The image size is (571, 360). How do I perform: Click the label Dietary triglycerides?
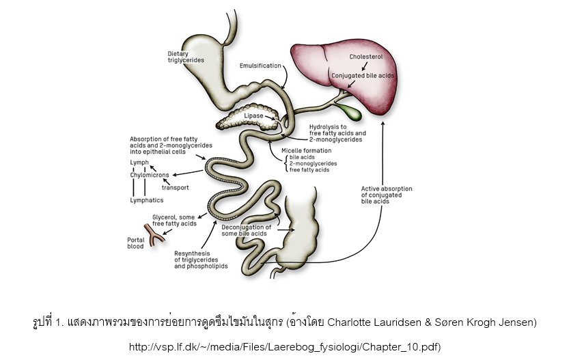pos(181,57)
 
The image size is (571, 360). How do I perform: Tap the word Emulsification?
pos(260,66)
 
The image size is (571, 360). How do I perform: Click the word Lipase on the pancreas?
pos(253,116)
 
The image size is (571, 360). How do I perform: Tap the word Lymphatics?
pos(146,200)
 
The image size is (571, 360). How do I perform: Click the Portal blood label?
pos(136,243)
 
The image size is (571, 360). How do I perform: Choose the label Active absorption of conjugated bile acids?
pos(387,195)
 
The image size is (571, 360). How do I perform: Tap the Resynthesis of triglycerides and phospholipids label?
pos(201,260)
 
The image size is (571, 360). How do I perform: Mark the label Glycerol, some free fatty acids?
pos(174,220)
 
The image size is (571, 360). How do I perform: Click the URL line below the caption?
pos(285,347)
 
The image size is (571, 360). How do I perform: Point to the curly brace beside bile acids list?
pos(285,163)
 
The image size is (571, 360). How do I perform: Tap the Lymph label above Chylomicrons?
pos(139,163)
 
